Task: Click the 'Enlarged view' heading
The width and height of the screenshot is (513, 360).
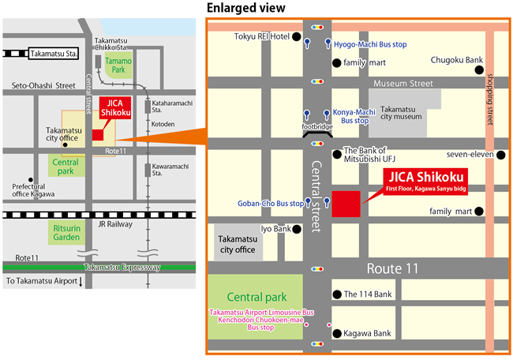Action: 245,8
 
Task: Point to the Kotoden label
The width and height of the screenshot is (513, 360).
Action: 163,124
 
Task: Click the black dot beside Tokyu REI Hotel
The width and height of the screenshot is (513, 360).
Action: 296,36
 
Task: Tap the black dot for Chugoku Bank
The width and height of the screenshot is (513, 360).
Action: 478,70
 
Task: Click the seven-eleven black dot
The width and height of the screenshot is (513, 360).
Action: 500,154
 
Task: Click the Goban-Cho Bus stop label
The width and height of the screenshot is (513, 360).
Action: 270,203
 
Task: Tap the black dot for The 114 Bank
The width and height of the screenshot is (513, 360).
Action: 336,294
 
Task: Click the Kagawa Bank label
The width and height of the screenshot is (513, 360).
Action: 367,334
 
